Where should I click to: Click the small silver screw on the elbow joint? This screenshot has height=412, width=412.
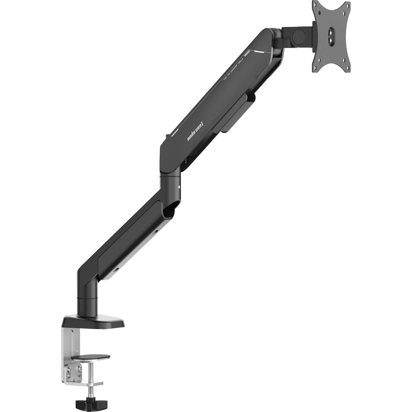(x=179, y=187)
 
